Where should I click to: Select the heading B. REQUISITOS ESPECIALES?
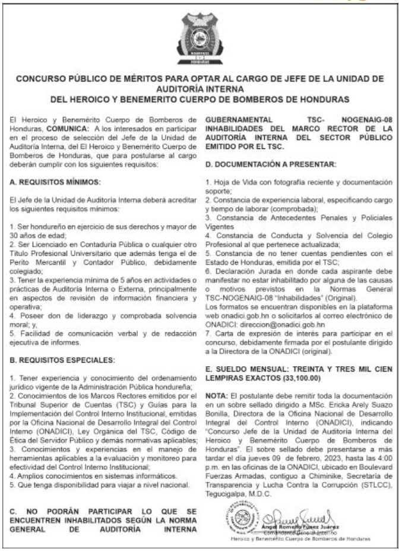[58, 360]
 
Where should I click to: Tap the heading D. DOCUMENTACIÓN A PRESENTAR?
[271, 163]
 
